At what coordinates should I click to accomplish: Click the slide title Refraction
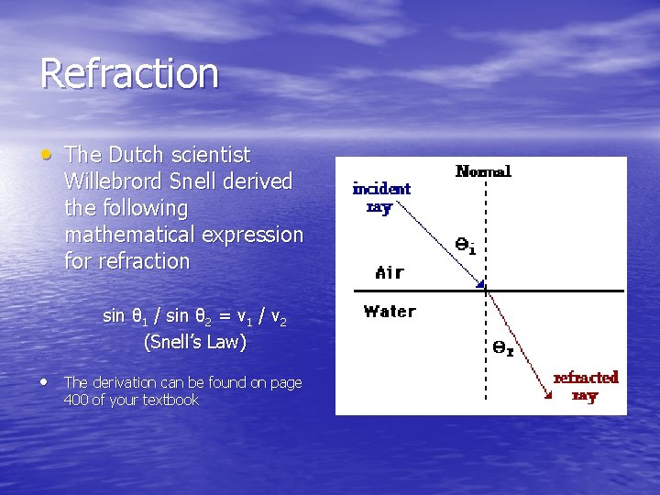click(x=129, y=73)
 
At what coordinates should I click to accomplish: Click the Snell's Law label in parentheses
click(x=194, y=342)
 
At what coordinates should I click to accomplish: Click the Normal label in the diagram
click(x=483, y=171)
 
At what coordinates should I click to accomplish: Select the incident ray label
click(x=381, y=197)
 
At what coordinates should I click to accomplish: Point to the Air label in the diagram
click(x=390, y=272)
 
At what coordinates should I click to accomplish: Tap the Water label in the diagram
click(x=390, y=312)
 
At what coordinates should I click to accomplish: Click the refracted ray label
click(x=585, y=386)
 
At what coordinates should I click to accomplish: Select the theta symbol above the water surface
click(x=465, y=245)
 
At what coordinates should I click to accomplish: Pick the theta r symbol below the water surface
click(x=503, y=348)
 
